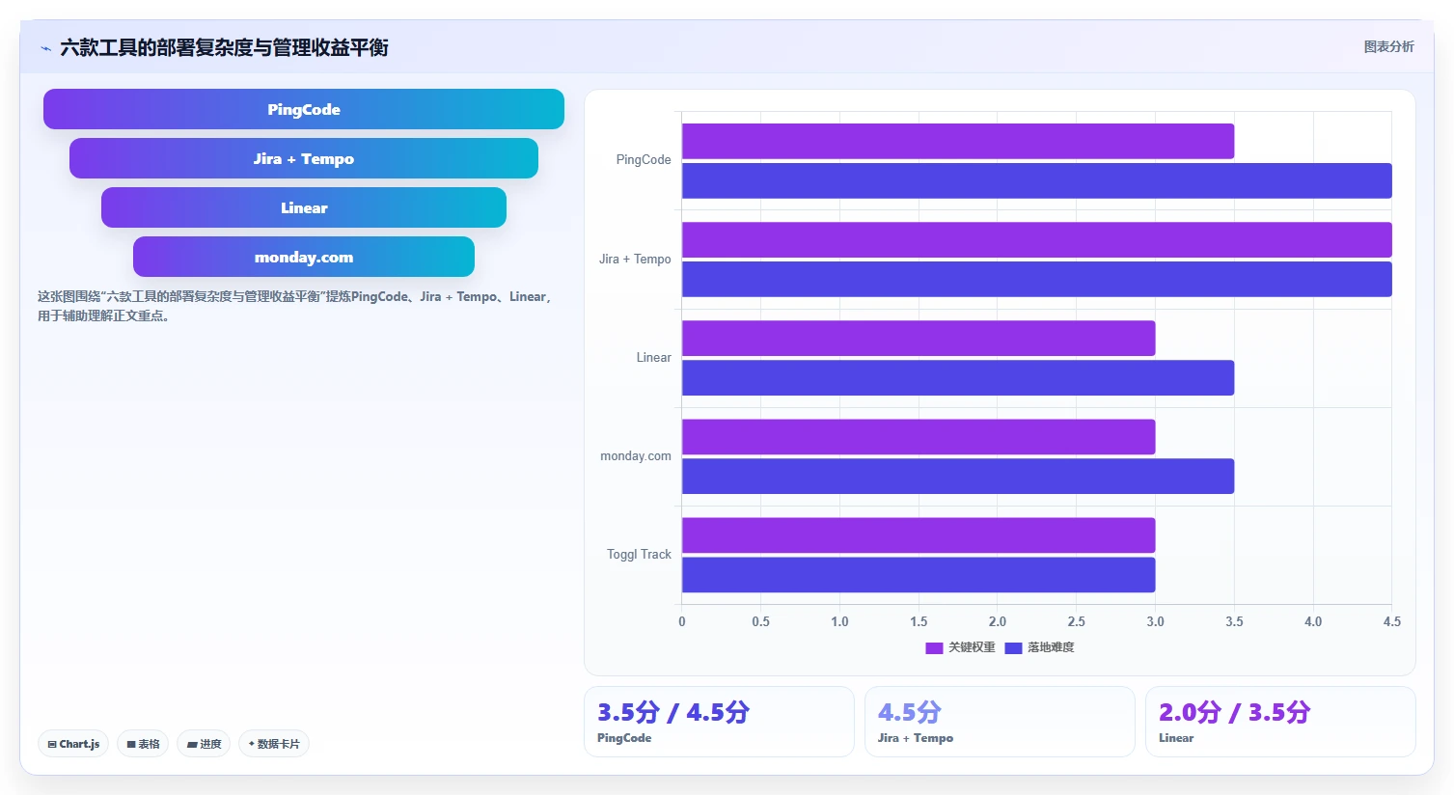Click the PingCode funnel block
304,109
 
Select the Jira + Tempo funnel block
304,158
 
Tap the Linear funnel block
304,207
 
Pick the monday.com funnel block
304,257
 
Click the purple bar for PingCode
957,142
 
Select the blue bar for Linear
957,377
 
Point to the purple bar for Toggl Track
919,535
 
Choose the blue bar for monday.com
957,477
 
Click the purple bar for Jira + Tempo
1036,239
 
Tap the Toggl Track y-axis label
639,554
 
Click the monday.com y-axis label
636,455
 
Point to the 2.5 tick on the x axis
1076,621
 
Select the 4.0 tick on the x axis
1313,621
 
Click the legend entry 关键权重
960,647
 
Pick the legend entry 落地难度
1039,647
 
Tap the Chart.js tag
73,744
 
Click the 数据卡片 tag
274,744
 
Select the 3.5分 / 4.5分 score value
673,712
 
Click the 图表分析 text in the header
1388,46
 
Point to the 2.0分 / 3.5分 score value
1235,712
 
